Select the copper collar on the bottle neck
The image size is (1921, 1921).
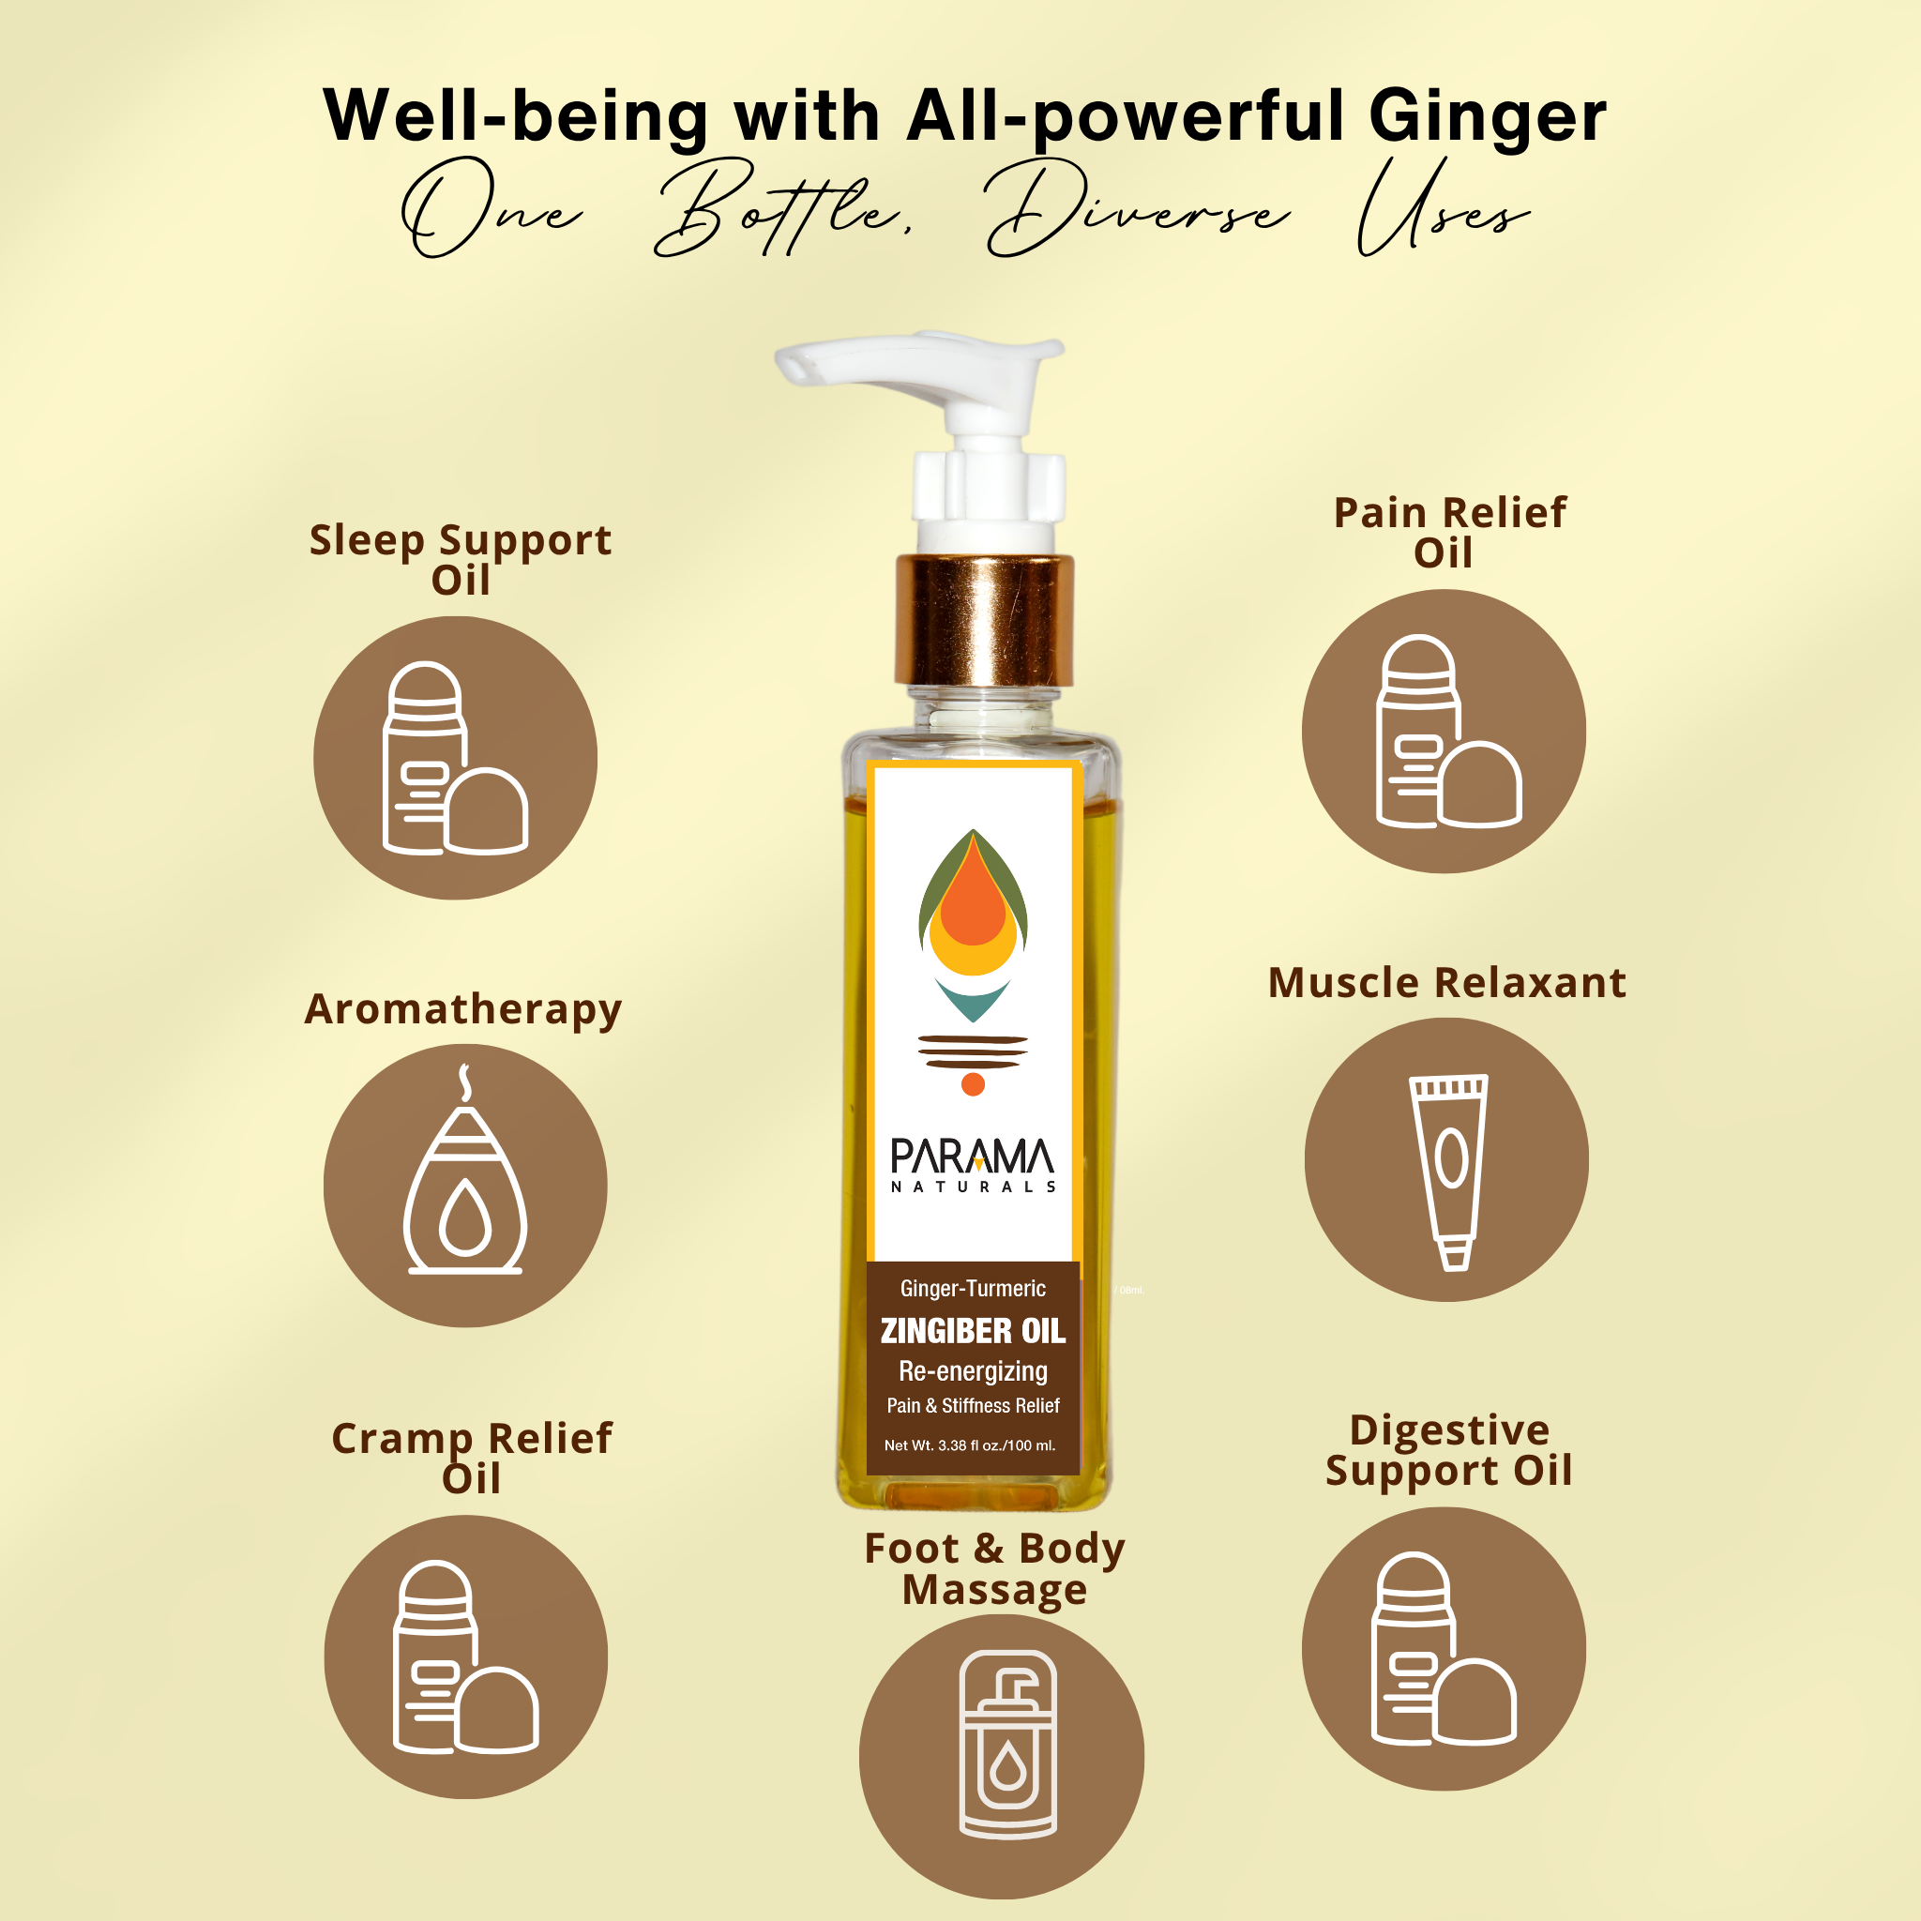point(984,620)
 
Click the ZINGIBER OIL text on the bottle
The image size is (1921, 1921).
point(973,1330)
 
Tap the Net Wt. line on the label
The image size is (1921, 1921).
point(970,1445)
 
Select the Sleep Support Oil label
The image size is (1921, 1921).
point(461,559)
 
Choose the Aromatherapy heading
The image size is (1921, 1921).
point(463,1010)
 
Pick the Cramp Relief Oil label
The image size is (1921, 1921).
point(471,1458)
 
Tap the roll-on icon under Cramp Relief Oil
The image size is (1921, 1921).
point(466,1657)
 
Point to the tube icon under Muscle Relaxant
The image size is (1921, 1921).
point(1450,1172)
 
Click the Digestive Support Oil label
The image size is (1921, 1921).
point(1448,1451)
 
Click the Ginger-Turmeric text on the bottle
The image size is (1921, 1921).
point(973,1289)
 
